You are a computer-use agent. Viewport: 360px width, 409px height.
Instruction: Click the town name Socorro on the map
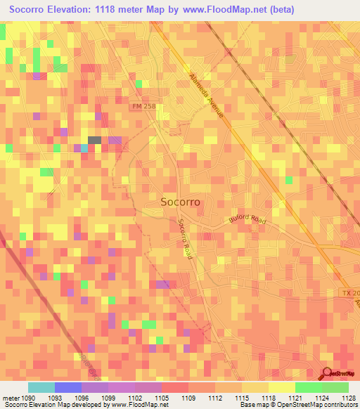click(180, 202)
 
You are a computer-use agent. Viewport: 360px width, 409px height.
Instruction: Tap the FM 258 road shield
click(142, 106)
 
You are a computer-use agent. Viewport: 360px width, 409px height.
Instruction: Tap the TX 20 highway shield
click(350, 292)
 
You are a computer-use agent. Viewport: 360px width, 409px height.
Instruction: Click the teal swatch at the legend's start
click(41, 387)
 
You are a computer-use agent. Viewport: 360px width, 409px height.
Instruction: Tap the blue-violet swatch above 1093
click(68, 387)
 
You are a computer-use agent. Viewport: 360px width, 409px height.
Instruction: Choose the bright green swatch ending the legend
click(335, 387)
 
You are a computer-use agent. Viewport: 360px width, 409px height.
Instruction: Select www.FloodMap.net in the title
click(221, 9)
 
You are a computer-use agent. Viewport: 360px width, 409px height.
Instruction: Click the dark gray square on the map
click(94, 140)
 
